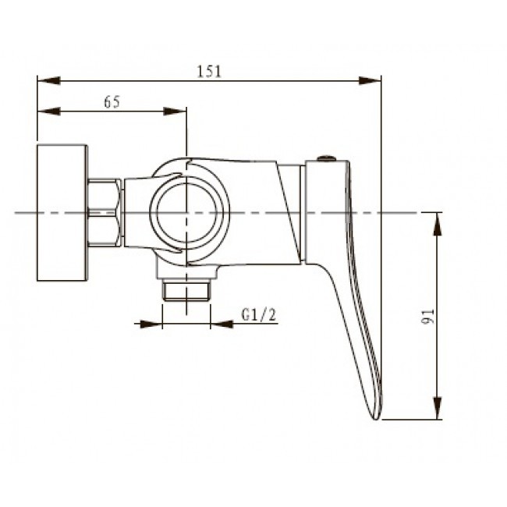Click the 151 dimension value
(209, 72)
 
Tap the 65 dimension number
(112, 102)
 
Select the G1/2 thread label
(259, 314)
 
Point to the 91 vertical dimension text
(427, 316)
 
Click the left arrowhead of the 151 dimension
(49, 80)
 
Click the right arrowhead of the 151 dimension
(370, 80)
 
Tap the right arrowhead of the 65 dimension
(175, 112)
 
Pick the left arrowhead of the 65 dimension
(49, 112)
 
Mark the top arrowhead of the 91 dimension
(438, 224)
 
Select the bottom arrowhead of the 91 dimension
(438, 408)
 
